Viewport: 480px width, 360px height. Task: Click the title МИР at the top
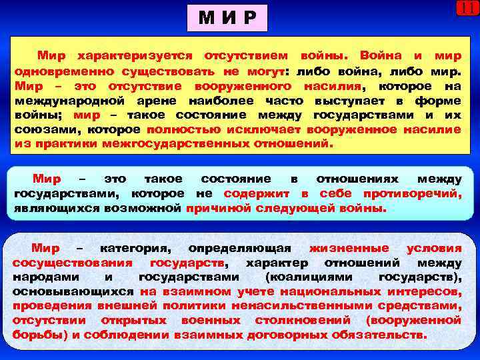click(227, 18)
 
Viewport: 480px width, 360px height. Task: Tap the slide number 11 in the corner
click(467, 8)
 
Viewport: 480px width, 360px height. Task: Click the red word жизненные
click(354, 248)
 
